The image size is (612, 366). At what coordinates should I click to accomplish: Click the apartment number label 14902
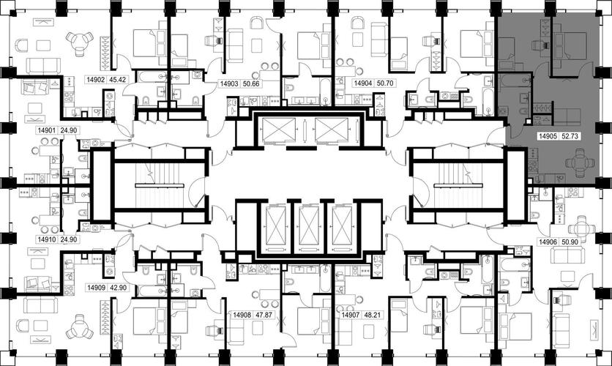pos(96,80)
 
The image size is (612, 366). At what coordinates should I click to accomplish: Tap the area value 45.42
pos(117,80)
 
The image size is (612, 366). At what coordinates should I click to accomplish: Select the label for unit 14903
pos(229,84)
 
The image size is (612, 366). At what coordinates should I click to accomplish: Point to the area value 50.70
pos(384,83)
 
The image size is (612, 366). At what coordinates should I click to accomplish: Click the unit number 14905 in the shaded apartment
pos(548,136)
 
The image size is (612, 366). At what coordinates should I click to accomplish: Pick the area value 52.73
pos(570,136)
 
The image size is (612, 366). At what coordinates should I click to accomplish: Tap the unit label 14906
pos(548,242)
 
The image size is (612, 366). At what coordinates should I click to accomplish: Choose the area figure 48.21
pos(372,315)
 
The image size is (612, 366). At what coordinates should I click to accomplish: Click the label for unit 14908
pos(242,315)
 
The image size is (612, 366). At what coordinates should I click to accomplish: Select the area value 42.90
pos(118,288)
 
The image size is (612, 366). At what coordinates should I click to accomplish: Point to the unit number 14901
pos(46,130)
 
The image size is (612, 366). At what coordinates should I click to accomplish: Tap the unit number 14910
pos(46,239)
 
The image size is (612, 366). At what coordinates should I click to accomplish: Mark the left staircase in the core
pos(160,185)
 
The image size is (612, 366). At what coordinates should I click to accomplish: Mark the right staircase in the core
pos(458,185)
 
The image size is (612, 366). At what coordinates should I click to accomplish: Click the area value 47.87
pos(264,315)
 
